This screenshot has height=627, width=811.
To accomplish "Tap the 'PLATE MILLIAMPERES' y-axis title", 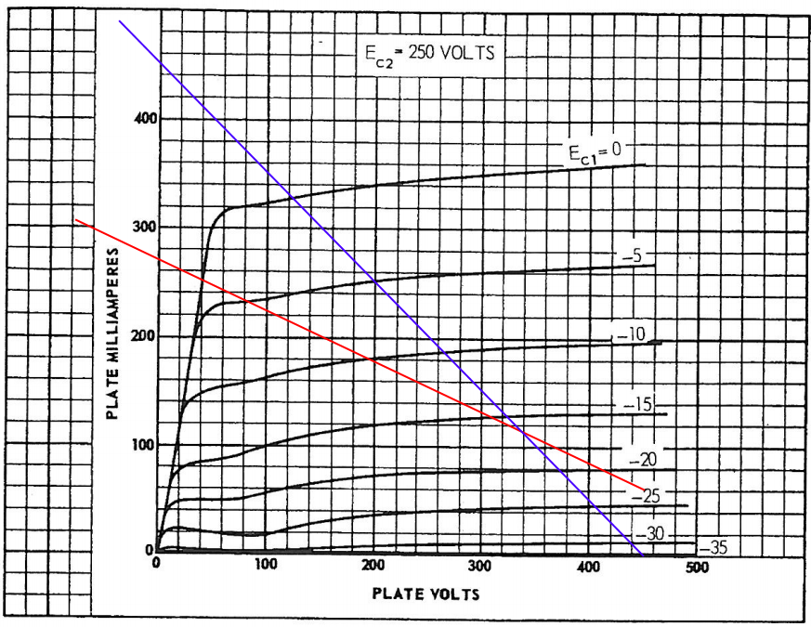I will pos(112,333).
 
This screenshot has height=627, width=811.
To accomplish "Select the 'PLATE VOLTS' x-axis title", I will pos(426,593).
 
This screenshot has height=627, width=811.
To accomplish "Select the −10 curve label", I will pos(631,332).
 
